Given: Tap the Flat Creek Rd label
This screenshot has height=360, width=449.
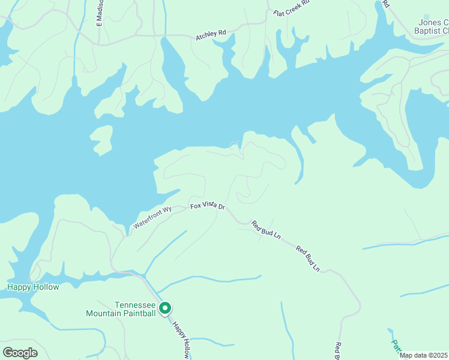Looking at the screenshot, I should click(x=291, y=8).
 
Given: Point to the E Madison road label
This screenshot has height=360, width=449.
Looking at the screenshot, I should click(x=100, y=12).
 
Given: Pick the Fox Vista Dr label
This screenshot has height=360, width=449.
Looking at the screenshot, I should click(x=207, y=206).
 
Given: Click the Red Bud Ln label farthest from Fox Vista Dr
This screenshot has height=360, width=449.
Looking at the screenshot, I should click(x=307, y=257).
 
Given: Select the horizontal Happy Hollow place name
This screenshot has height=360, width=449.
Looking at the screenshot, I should click(x=33, y=287).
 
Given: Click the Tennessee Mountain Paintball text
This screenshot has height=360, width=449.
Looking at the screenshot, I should click(x=121, y=309).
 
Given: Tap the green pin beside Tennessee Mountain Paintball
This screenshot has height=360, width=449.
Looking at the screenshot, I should click(x=165, y=308).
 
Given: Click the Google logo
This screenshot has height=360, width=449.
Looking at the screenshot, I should click(x=20, y=352).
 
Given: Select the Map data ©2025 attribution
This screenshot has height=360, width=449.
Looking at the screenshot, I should click(x=424, y=355).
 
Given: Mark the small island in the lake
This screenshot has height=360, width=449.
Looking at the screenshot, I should click(x=101, y=140).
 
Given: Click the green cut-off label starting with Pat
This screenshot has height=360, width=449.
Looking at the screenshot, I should click(x=396, y=345).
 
